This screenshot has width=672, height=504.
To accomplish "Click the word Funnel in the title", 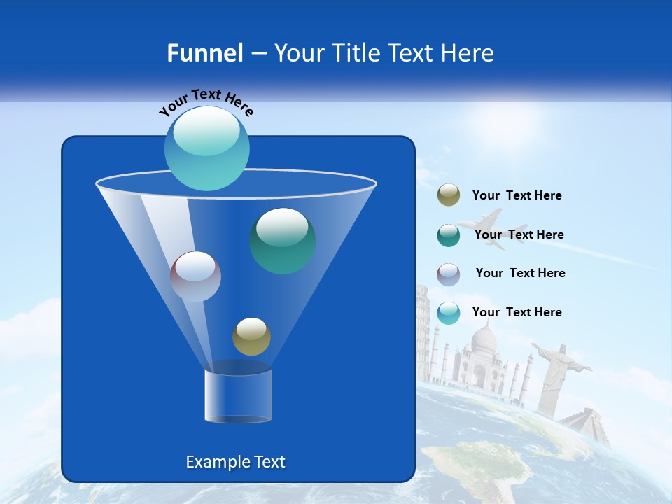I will [204, 53].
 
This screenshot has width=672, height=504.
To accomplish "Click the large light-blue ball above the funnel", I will [206, 148].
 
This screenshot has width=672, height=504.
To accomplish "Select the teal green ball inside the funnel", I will [282, 241].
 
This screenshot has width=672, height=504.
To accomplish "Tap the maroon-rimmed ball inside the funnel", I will [195, 276].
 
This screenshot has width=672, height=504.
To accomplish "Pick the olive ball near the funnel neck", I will [251, 337].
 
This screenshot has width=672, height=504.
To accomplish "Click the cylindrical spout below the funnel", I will [238, 395].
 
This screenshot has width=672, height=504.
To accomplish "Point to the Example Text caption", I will [236, 462].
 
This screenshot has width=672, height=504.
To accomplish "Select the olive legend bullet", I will [449, 195].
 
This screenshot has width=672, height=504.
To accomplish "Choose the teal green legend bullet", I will [449, 235].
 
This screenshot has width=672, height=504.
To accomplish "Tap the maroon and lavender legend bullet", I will [449, 274].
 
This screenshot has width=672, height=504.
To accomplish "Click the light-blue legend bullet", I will [449, 313].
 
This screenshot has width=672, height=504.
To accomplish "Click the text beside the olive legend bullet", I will [517, 195].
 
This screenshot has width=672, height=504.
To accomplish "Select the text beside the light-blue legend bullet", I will [517, 312].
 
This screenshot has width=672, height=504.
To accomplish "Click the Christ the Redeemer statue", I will [554, 371].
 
